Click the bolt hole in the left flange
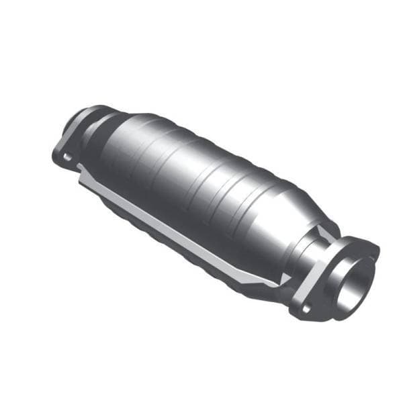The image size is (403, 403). (66, 156)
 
